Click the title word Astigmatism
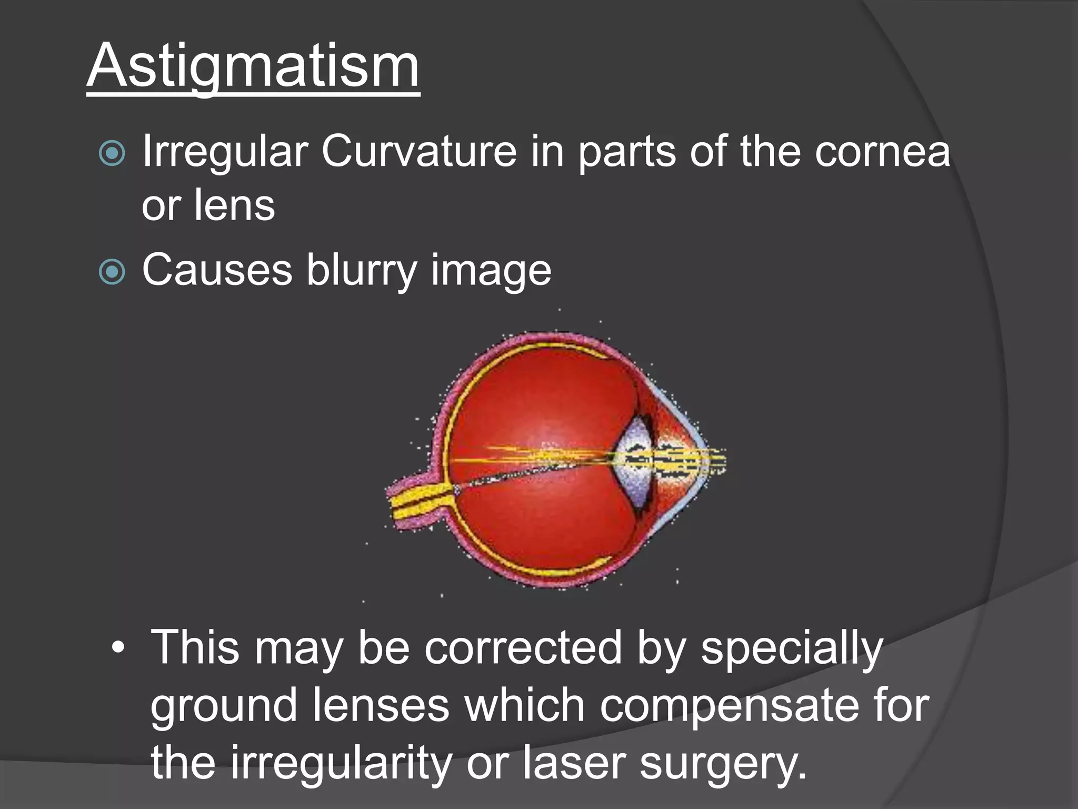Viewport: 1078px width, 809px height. [x=253, y=66]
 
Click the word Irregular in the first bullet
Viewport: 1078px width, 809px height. [x=225, y=152]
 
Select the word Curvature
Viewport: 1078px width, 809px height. [x=419, y=152]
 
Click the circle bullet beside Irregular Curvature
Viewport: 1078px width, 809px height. [x=112, y=154]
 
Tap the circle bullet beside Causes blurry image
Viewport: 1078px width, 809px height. [x=112, y=272]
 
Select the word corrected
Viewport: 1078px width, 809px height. [x=523, y=648]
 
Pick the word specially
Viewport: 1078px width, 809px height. [x=791, y=649]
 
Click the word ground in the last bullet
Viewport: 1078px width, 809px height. [x=224, y=706]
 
